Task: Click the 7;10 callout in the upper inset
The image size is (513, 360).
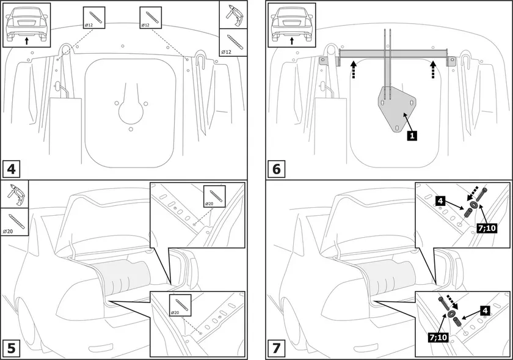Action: click(x=487, y=227)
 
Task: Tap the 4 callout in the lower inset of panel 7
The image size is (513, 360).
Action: click(x=484, y=311)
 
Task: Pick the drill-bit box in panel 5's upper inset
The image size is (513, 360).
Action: click(x=214, y=196)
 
